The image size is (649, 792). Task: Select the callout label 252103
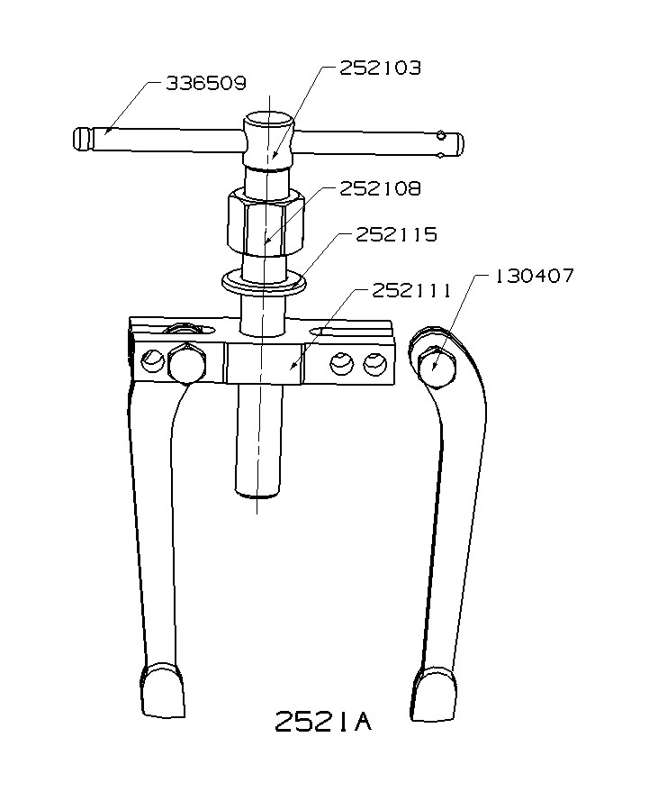point(379,68)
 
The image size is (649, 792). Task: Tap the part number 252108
point(379,189)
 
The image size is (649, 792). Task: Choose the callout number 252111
point(411,290)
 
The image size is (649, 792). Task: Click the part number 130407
point(533,277)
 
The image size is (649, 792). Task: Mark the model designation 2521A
point(323,722)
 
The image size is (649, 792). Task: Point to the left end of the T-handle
point(83,139)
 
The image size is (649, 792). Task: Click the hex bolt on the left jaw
point(185,364)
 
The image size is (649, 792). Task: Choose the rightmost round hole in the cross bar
point(374,364)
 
